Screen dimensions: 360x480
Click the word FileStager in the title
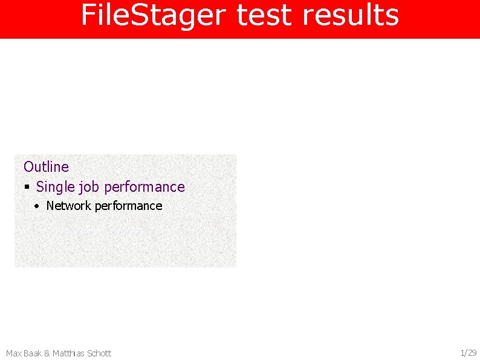click(155, 16)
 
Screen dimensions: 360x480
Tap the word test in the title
click(265, 16)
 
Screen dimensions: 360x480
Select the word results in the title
click(351, 16)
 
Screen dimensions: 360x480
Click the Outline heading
click(46, 166)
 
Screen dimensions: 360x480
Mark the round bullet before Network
click(37, 206)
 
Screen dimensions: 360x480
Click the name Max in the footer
click(13, 353)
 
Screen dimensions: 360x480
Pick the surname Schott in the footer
click(100, 353)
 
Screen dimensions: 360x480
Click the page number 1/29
click(469, 353)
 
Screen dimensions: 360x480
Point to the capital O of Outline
click(28, 166)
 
